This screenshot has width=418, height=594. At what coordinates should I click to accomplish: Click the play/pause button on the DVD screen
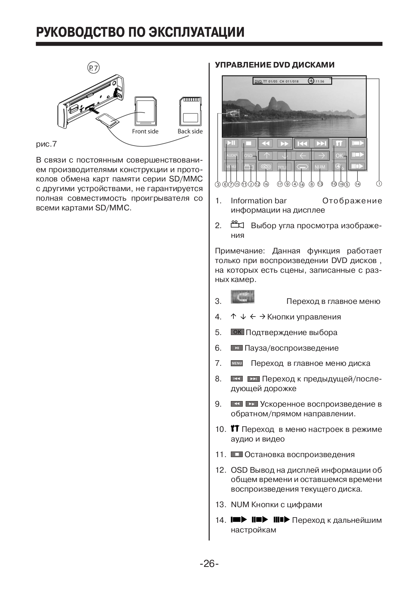point(230,143)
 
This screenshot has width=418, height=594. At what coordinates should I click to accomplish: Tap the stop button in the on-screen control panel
point(249,143)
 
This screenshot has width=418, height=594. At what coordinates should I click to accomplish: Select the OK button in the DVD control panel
point(339,155)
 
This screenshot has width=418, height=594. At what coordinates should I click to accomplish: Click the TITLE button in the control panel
point(283,167)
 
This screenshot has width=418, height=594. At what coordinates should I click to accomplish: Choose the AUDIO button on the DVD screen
point(232,155)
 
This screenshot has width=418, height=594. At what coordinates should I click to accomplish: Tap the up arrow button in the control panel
point(267,155)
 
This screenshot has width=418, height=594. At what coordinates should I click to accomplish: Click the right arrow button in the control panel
point(321,155)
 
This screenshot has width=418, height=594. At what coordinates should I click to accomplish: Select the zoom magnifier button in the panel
point(339,167)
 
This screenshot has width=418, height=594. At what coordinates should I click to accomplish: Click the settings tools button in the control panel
point(339,143)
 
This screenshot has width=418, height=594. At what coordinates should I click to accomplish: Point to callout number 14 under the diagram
point(357,184)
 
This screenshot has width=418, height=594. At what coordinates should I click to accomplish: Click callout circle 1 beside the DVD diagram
point(379,183)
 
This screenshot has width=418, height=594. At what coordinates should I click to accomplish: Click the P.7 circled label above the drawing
point(93,68)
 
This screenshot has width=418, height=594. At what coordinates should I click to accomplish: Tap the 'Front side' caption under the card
point(145,131)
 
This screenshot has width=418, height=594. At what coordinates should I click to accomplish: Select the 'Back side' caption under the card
point(190,131)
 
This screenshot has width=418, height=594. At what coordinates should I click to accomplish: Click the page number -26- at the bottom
point(209,564)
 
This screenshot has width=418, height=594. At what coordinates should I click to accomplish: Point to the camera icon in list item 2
point(237,225)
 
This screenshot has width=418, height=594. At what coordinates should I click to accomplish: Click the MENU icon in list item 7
point(237,363)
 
